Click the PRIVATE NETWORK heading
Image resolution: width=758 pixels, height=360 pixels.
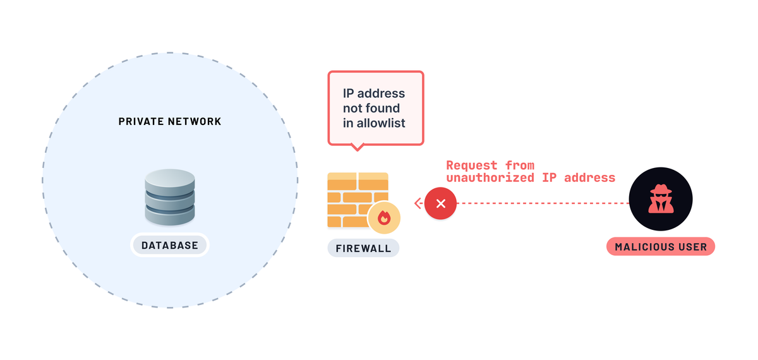pos(170,121)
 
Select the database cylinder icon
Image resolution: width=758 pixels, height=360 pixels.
pos(170,196)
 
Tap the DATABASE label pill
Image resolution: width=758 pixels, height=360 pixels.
pos(169,246)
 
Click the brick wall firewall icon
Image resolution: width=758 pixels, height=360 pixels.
pos(354,200)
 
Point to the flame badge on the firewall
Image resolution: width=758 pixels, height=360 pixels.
pos(384,218)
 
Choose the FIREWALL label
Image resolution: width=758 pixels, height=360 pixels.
pos(363,248)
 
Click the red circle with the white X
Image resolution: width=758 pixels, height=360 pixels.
pos(441,203)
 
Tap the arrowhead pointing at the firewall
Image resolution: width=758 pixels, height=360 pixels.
pos(418,203)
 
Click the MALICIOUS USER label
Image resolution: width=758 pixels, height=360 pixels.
pos(661,246)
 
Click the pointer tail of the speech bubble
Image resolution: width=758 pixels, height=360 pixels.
pos(357,147)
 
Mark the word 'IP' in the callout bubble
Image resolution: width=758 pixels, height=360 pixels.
pos(349,93)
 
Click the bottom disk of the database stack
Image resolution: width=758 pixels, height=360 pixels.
pos(170,214)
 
